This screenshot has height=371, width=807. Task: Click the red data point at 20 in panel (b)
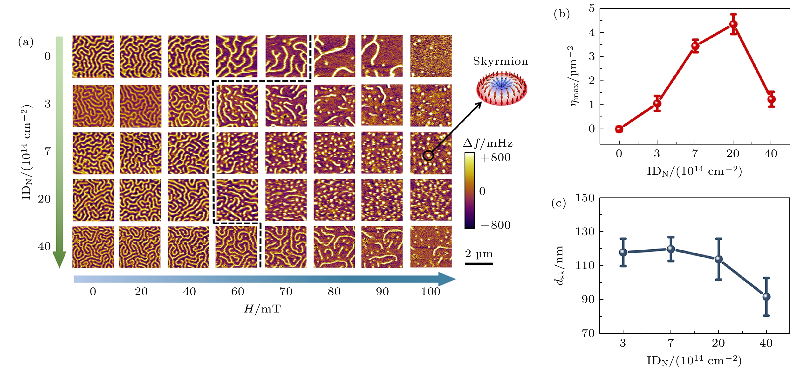[733, 24]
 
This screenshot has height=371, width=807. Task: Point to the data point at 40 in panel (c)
[766, 297]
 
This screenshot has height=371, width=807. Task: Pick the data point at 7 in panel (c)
[671, 249]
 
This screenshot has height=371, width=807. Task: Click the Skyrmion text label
[500, 61]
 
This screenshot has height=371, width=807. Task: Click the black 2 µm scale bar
[479, 264]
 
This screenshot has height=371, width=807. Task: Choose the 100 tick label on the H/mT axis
[431, 291]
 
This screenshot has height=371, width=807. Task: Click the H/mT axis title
[262, 309]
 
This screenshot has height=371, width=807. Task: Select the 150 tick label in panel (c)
[585, 198]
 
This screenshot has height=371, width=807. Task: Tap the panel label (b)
[562, 14]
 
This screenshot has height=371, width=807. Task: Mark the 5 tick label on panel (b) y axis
[591, 8]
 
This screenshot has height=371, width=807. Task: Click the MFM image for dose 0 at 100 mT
[431, 56]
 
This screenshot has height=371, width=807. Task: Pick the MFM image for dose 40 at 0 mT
[93, 247]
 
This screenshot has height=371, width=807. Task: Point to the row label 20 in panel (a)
[44, 199]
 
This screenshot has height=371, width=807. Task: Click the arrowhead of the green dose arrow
[59, 260]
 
